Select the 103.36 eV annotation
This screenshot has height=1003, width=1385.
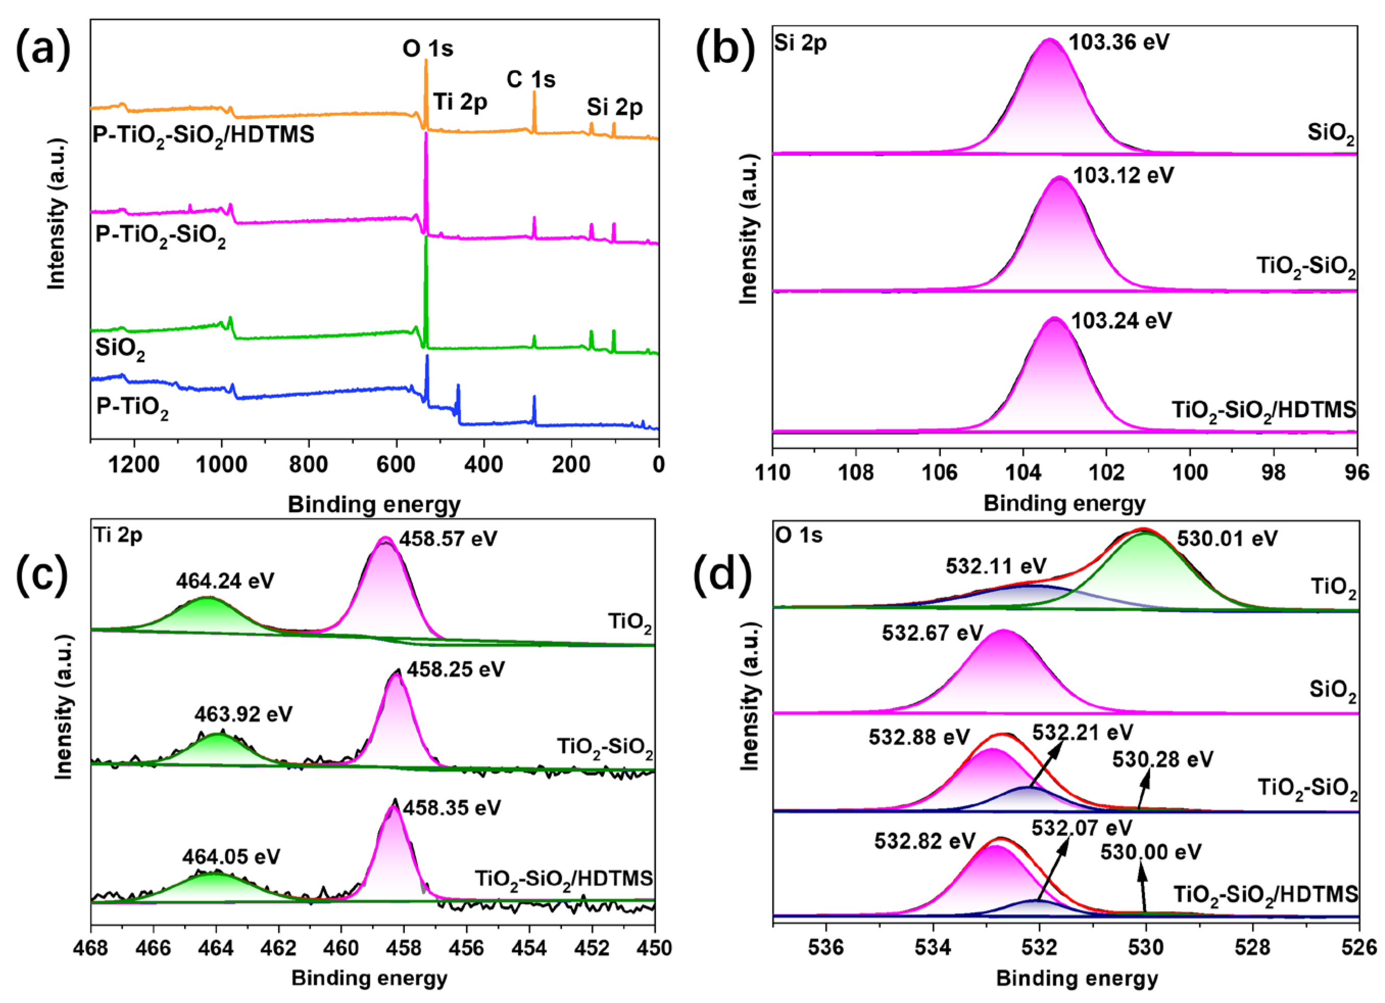(1119, 43)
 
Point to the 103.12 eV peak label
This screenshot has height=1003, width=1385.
(1123, 176)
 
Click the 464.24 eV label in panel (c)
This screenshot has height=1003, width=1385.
(225, 580)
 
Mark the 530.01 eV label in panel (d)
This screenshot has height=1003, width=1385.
(1227, 539)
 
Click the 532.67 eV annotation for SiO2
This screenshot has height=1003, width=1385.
(932, 633)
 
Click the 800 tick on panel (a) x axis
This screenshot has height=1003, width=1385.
(308, 465)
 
